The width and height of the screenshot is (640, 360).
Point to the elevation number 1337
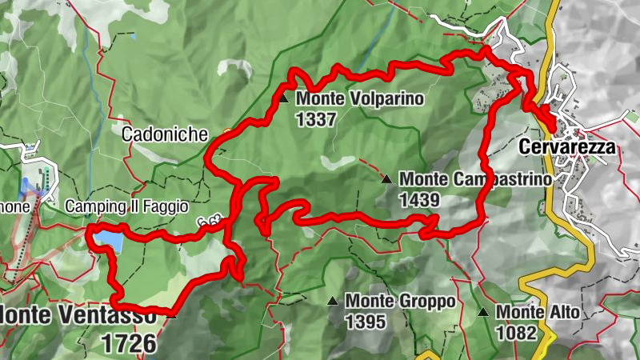pos(316,118)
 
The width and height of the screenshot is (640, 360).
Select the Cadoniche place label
pos(164,134)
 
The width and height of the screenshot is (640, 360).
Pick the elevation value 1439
pos(420,198)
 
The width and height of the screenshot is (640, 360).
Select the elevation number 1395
pos(367,322)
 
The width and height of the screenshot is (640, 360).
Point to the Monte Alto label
pos(537,313)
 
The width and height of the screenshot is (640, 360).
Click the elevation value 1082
pos(517,332)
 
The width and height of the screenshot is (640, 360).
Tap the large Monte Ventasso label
pos(78,316)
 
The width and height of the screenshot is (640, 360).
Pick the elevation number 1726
pos(129,344)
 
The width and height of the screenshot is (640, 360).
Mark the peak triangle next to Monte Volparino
pos(284,98)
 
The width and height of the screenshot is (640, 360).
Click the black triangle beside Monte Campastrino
pos(387,179)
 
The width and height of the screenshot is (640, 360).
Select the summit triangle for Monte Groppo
pos(332,302)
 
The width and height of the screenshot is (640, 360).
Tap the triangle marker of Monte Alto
pos(483,313)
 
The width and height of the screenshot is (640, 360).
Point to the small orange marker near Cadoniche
pos(228,131)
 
